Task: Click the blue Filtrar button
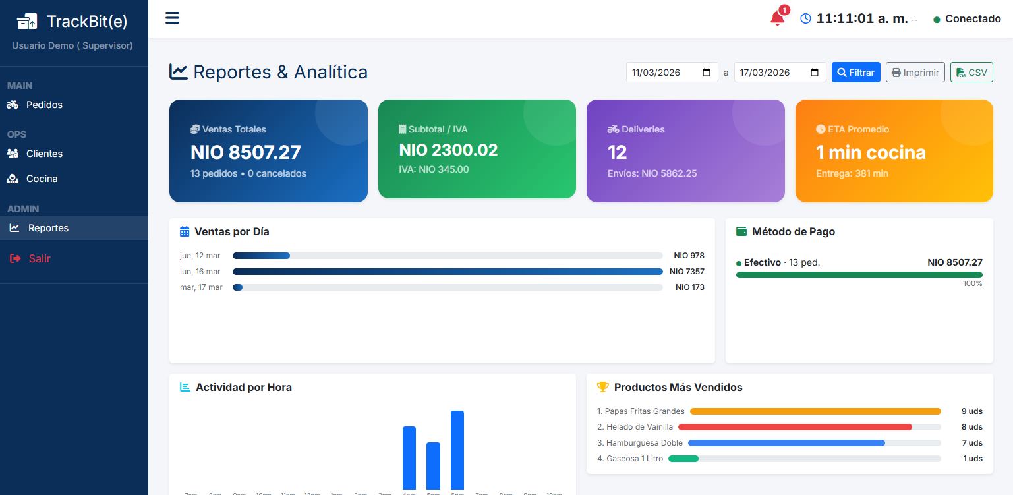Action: [x=855, y=73]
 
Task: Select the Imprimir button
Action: [x=915, y=73]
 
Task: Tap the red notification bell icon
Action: [x=778, y=18]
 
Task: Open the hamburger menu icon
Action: [x=172, y=18]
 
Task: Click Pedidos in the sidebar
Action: [x=44, y=105]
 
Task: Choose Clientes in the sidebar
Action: [x=44, y=154]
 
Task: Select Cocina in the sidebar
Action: [x=42, y=179]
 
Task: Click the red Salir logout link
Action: [x=39, y=258]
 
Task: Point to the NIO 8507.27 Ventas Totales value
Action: [x=245, y=152]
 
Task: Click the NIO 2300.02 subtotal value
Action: [x=448, y=150]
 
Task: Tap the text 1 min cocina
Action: [x=870, y=152]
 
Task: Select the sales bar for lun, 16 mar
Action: [x=448, y=272]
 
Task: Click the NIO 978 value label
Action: [x=689, y=256]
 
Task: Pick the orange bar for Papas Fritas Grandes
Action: [x=815, y=411]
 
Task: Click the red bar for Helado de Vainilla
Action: [x=795, y=427]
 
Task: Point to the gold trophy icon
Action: [x=602, y=387]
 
